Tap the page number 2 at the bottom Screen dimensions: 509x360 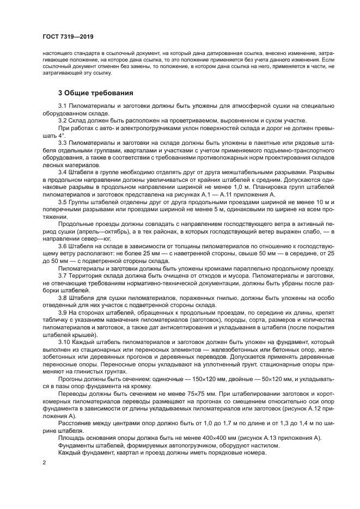coord(43,462)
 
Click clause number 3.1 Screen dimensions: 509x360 coord(62,106)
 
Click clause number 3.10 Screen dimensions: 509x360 coord(64,340)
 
